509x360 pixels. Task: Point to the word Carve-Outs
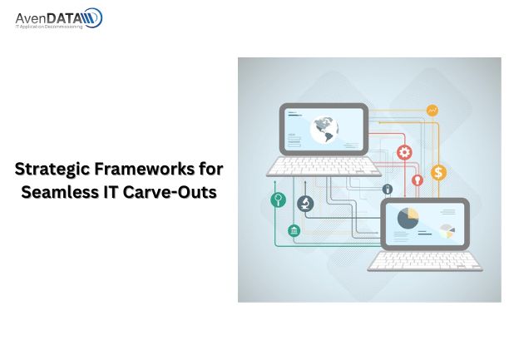[x=170, y=192]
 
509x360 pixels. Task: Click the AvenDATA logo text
[x=48, y=18]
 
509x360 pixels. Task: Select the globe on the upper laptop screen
[x=324, y=130]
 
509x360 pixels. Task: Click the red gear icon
[x=404, y=152]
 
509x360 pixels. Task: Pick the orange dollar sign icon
[x=438, y=172]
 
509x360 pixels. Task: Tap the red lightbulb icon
[x=418, y=180]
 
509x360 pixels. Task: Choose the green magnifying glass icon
[x=278, y=200]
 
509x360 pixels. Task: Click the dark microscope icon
[x=305, y=204]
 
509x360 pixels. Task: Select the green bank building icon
[x=294, y=230]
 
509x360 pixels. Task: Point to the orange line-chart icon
[x=432, y=111]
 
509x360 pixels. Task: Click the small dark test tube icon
[x=388, y=189]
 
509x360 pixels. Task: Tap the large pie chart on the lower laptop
[x=408, y=218]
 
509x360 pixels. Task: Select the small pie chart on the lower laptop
[x=447, y=231]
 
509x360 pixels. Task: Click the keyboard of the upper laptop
[x=324, y=166]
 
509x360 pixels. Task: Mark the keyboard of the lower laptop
[x=425, y=261]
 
